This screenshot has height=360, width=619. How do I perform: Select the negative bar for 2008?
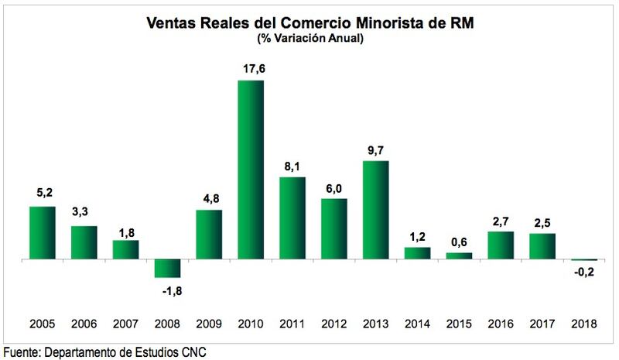167,268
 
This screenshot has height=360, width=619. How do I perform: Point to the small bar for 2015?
459,255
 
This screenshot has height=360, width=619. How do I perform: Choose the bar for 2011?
292,218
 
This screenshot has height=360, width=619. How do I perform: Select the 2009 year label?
208,325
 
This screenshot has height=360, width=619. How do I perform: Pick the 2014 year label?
417,325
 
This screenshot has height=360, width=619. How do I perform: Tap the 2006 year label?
84,325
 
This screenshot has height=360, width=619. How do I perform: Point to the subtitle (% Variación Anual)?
309,38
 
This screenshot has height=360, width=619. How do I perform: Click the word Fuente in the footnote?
21,351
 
